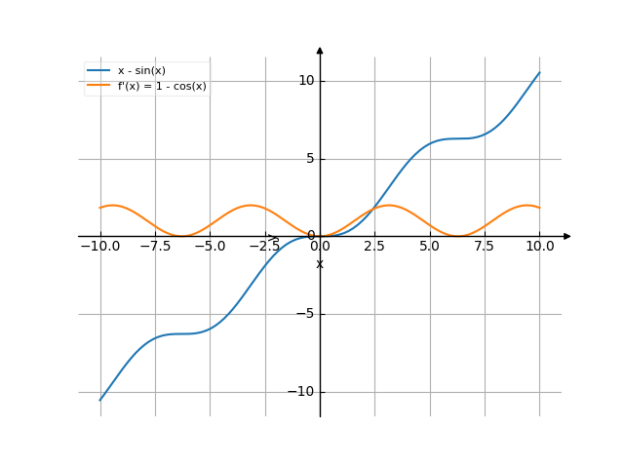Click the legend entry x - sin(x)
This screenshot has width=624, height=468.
pyautogui.click(x=141, y=71)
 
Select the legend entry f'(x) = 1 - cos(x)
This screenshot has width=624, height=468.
pyautogui.click(x=162, y=86)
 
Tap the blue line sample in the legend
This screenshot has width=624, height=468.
pyautogui.click(x=98, y=71)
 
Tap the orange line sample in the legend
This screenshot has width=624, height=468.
pyautogui.click(x=98, y=86)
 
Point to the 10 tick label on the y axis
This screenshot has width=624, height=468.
pyautogui.click(x=306, y=80)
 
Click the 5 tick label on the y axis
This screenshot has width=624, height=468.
pyautogui.click(x=310, y=158)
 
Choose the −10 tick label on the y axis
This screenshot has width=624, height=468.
pyautogui.click(x=302, y=391)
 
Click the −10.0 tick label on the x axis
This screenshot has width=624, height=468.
pyautogui.click(x=99, y=247)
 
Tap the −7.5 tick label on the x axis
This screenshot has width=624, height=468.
pyautogui.click(x=154, y=247)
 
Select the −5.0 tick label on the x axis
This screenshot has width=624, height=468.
pyautogui.click(x=209, y=247)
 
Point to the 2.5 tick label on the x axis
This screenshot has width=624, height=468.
pyautogui.click(x=374, y=247)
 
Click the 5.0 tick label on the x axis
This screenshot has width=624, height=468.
pyautogui.click(x=429, y=247)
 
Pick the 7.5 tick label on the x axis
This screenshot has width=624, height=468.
pyautogui.click(x=485, y=247)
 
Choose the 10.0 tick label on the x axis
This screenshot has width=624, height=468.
pyautogui.click(x=539, y=247)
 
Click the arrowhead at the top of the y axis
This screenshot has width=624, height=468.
pyautogui.click(x=320, y=49)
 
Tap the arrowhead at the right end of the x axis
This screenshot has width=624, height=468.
pyautogui.click(x=566, y=236)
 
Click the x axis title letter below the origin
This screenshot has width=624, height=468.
pyautogui.click(x=320, y=264)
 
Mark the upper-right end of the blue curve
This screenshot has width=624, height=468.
pyautogui.click(x=539, y=72)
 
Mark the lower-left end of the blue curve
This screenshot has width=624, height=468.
pyautogui.click(x=99, y=400)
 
